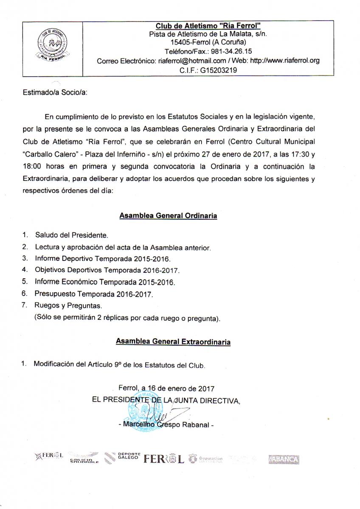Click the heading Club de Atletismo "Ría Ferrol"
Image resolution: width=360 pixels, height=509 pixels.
pos(208,26)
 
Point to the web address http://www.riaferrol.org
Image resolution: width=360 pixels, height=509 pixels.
pos(284,61)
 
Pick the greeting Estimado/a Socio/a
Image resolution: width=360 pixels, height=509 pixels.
pos(55,93)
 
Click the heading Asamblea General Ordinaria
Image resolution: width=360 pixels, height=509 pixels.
pos(168,215)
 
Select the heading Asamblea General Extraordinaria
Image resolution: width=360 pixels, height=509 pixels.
pos(173,341)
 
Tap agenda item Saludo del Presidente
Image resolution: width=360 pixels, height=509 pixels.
pos(71,235)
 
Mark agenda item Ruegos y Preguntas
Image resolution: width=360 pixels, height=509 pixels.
pos(68,305)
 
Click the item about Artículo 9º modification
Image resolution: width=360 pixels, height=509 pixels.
pos(119,364)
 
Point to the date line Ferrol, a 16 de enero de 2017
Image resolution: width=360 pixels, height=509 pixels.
pos(166,388)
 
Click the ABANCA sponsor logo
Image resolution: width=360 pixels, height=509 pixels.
pos(284,459)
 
